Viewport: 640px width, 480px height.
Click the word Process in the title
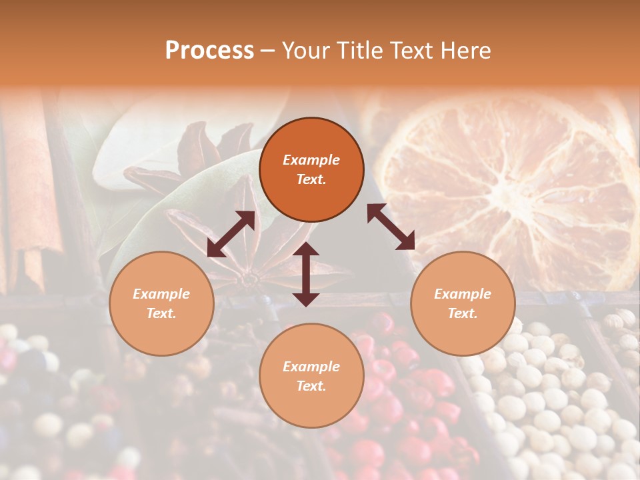[x=209, y=51]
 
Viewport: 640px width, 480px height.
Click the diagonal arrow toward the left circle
[x=231, y=234]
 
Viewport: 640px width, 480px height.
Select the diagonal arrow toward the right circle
[x=391, y=227]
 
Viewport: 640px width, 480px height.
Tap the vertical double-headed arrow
[x=306, y=274]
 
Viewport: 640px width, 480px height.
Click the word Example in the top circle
[x=311, y=160]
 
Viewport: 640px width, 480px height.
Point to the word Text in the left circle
[x=161, y=313]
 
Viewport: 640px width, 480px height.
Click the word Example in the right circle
[x=462, y=294]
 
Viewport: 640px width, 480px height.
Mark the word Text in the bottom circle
[x=311, y=386]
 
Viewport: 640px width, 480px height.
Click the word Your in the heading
[x=305, y=51]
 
